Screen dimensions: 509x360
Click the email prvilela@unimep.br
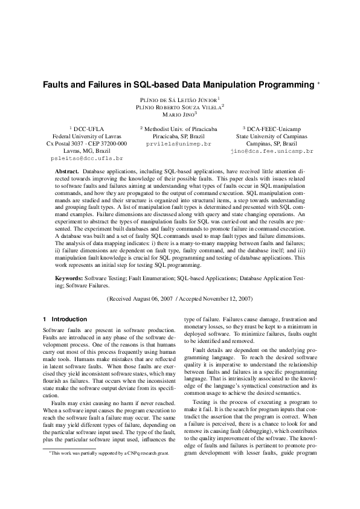pos(179,145)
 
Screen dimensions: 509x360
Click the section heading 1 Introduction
pos(65,319)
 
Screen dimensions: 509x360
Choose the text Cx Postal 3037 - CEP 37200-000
pos(86,144)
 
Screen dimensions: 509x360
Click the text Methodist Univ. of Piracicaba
pos(181,129)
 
